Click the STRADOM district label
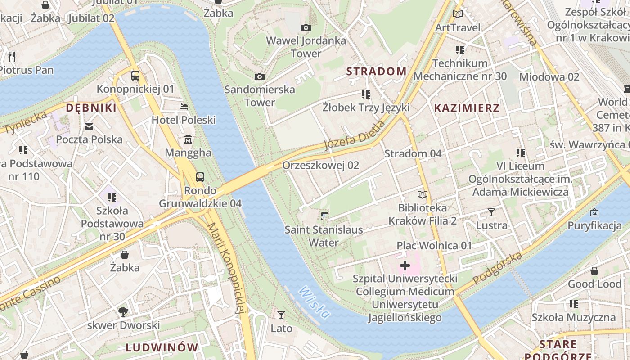click(376, 71)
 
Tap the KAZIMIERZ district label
click(467, 108)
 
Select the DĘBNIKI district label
click(91, 108)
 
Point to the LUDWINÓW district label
click(162, 347)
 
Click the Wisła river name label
click(314, 302)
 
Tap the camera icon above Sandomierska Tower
click(260, 77)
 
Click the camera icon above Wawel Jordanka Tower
click(306, 28)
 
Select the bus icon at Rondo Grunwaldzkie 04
click(200, 177)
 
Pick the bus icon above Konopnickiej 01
click(135, 76)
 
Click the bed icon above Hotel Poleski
click(184, 107)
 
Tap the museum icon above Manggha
click(188, 139)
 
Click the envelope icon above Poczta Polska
click(89, 127)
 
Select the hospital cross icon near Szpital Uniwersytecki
click(405, 265)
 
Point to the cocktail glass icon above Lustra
click(491, 212)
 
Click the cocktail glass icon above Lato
click(281, 315)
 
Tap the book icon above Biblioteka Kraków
click(422, 195)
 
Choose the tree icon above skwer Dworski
click(123, 311)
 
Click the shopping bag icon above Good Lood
click(594, 271)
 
